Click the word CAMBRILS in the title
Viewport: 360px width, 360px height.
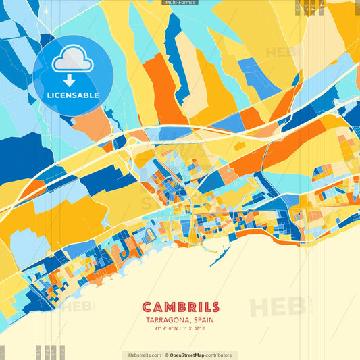click(180, 307)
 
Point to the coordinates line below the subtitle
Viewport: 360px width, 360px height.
click(180, 330)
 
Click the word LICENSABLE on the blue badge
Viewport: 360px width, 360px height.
click(73, 95)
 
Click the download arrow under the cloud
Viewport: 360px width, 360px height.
click(72, 79)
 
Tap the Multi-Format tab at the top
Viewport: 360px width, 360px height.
click(180, 3)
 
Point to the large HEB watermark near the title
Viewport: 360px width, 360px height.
click(277, 307)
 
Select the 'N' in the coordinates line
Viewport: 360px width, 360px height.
click(180, 330)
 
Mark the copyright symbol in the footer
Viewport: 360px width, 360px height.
click(166, 355)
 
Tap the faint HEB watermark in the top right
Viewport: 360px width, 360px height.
click(280, 53)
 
